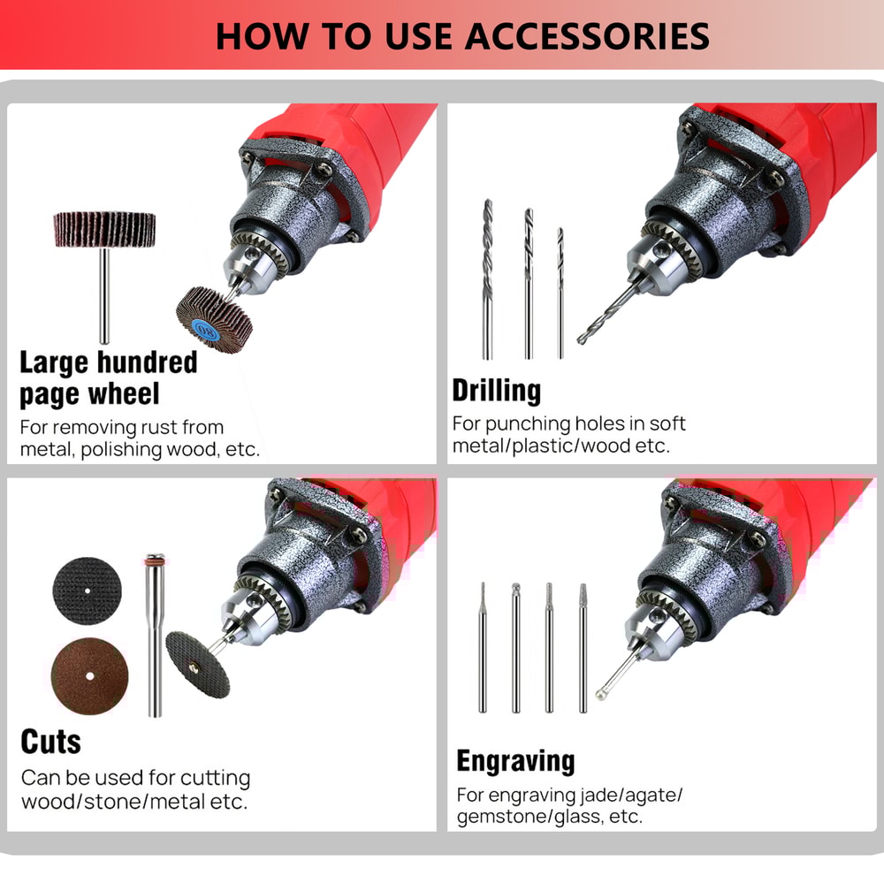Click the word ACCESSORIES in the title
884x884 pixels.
pyautogui.click(x=587, y=36)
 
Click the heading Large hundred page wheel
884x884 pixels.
pyautogui.click(x=108, y=377)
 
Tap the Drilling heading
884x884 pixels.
pyautogui.click(x=496, y=391)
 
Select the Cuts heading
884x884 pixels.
pyautogui.click(x=51, y=742)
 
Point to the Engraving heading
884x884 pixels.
pyautogui.click(x=515, y=761)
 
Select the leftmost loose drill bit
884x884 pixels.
pyautogui.click(x=487, y=278)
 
